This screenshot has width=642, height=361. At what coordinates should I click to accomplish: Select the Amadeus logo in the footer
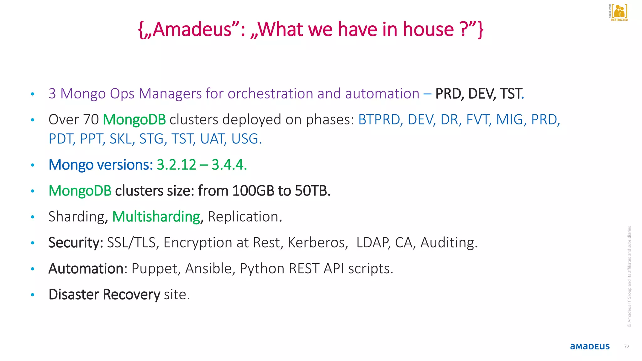590,347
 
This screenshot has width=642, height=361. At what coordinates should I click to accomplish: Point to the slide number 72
627,347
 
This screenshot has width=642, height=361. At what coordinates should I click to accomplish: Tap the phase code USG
246,139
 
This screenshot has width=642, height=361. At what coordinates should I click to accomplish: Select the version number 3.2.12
176,165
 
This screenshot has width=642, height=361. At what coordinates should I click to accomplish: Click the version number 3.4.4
229,165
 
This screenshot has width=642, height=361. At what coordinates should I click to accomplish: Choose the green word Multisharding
156,217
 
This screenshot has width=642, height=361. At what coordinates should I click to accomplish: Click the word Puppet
156,269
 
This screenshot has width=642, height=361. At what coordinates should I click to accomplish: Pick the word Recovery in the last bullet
131,295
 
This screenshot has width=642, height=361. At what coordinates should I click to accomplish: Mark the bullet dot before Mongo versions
33,165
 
